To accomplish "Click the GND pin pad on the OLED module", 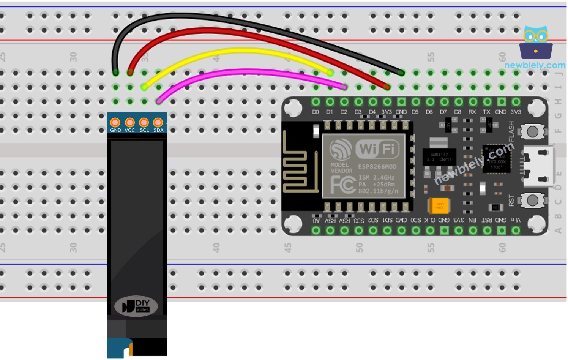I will (115, 123).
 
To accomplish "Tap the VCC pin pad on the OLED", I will (129, 123).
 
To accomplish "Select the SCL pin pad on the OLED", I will (144, 123).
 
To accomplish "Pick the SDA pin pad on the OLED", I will (158, 123).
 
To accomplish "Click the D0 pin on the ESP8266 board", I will (316, 102).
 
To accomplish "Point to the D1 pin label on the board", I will (330, 112).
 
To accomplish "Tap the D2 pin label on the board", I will (344, 112).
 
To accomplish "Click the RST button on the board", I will (532, 200).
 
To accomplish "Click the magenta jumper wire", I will (247, 71).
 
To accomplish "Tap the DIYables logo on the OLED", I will (136, 306).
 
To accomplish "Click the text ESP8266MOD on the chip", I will (377, 167).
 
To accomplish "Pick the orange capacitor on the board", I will (439, 206).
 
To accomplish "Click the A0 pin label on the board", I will (316, 221).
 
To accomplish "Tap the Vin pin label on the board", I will (515, 220).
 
